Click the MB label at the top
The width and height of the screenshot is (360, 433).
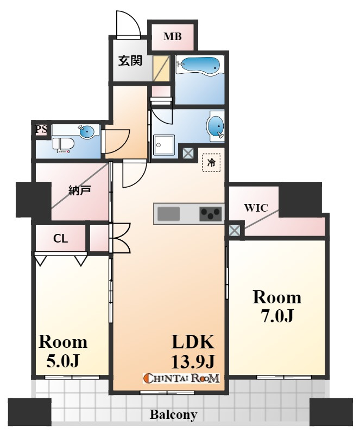pos(173,36)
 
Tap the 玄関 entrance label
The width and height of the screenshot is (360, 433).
pos(130,60)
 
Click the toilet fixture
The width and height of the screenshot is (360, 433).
pos(63,145)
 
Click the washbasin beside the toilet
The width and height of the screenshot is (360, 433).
pos(88,131)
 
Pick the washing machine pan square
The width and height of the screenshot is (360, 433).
pos(164,145)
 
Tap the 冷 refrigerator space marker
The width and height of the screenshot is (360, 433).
pos(211,163)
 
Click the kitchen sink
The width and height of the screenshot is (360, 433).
pos(168,214)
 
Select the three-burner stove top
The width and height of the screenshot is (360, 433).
pos(211,214)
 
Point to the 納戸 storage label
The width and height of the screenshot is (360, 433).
pos(79,190)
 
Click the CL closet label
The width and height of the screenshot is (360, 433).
pos(60,239)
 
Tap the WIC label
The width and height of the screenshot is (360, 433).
pos(256,208)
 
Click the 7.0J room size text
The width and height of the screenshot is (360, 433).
pos(277,316)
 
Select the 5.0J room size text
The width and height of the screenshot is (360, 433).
pos(64,361)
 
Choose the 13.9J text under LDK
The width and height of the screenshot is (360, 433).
pos(193,361)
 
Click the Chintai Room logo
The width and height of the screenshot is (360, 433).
pos(181,378)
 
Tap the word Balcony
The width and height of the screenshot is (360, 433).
pos(174,415)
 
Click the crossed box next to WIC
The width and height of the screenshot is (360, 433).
pos(234,230)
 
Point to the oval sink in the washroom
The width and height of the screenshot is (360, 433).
pos(215,127)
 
